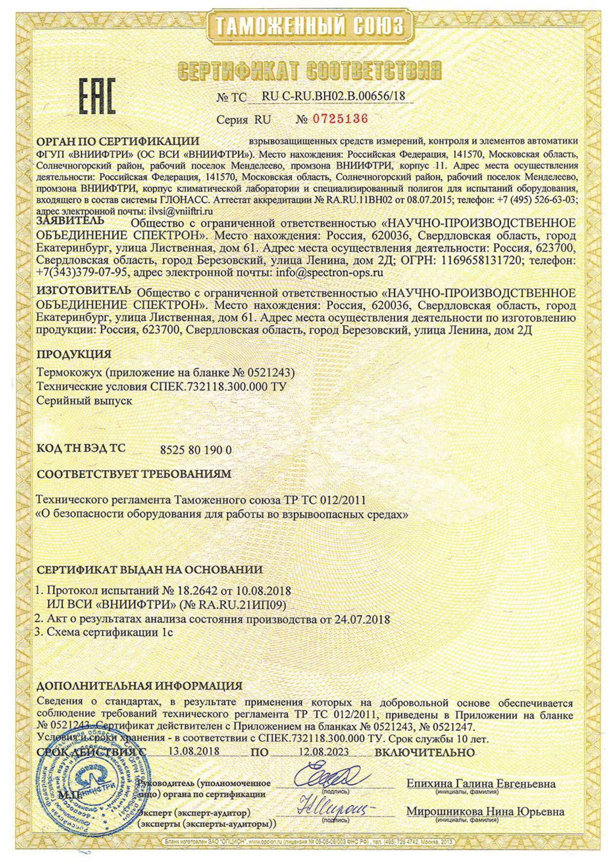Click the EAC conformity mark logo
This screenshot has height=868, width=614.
tap(97, 97)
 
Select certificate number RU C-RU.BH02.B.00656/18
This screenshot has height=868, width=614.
tap(333, 96)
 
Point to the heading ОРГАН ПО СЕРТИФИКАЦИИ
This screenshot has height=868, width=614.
tap(118, 141)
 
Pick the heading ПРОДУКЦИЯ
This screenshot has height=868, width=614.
tap(74, 354)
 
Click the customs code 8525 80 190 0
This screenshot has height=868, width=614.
tap(195, 450)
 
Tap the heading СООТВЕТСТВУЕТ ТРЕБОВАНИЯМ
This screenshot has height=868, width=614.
tap(134, 474)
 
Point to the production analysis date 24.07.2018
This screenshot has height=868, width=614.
tap(362, 619)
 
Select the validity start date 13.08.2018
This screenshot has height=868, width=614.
tap(194, 751)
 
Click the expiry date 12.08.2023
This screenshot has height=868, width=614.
tap(323, 752)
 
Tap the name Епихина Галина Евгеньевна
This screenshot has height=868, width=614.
tap(481, 783)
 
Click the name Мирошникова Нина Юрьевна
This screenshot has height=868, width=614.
tap(485, 812)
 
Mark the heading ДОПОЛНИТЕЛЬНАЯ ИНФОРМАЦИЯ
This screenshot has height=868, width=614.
tap(140, 685)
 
